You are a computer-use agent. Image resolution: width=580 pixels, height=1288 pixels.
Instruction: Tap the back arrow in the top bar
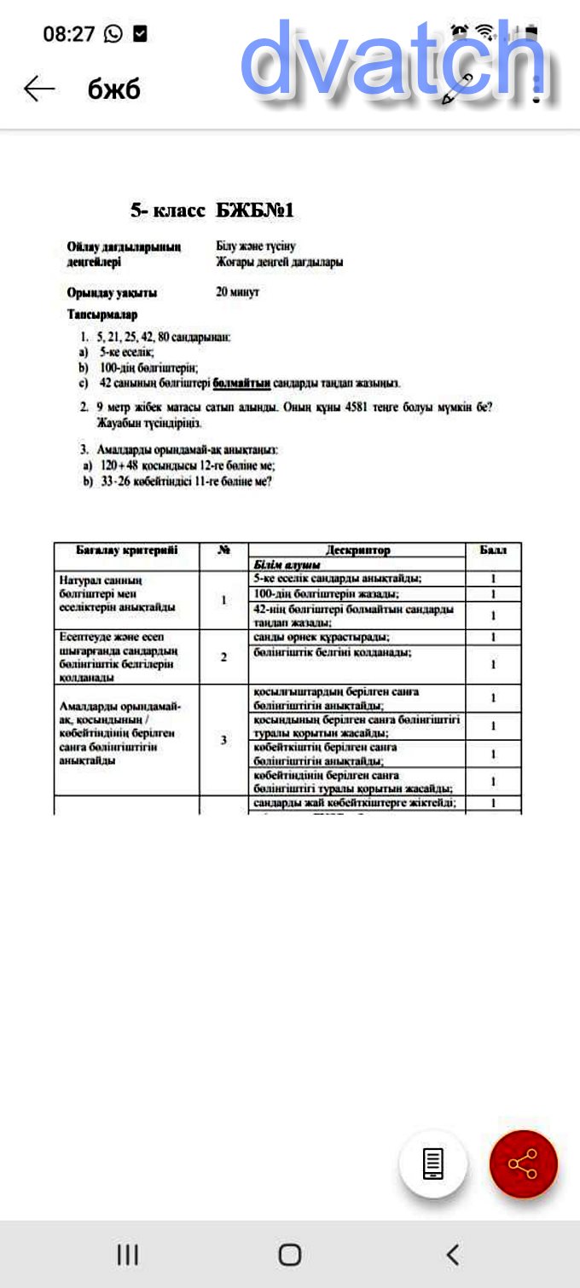[39, 89]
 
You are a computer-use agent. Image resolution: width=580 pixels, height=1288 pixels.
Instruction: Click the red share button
[523, 1164]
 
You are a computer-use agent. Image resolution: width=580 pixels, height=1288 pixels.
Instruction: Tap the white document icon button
[433, 1164]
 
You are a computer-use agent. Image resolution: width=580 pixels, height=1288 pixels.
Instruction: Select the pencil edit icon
[457, 89]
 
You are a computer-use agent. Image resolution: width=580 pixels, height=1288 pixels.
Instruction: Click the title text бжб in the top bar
[113, 89]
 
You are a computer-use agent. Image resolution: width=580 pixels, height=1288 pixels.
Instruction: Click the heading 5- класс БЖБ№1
[212, 211]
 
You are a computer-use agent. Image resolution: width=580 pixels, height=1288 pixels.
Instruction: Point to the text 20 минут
[237, 292]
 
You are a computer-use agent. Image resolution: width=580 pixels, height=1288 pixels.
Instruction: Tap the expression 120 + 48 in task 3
[119, 466]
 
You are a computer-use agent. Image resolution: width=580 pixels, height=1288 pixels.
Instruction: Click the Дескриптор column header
[357, 551]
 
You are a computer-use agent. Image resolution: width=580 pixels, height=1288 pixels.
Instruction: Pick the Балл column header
[493, 551]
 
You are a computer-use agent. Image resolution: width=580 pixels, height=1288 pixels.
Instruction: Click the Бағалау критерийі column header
[126, 551]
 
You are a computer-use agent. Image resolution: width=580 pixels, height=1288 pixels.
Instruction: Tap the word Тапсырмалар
[102, 315]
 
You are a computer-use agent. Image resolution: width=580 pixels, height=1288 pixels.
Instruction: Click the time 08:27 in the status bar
[69, 34]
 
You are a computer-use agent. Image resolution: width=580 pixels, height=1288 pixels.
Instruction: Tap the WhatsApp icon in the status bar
[113, 34]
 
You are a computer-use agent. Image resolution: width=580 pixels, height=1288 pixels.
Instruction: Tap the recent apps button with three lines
[127, 1254]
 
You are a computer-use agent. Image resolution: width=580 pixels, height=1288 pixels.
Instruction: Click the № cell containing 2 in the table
[223, 657]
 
